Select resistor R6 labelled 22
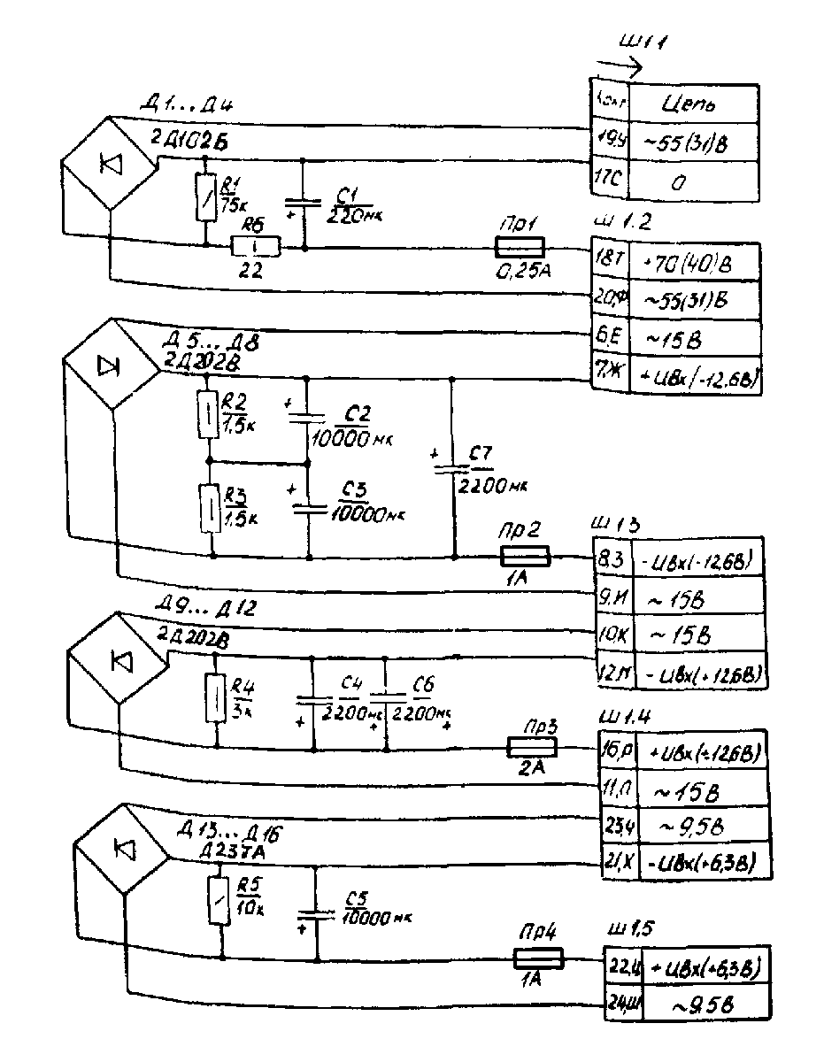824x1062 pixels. [x=256, y=245]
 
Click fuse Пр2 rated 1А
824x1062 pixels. [x=525, y=556]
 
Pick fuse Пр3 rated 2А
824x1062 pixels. [x=532, y=748]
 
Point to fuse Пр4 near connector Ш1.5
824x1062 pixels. [x=538, y=958]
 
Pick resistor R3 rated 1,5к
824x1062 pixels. [x=211, y=507]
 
